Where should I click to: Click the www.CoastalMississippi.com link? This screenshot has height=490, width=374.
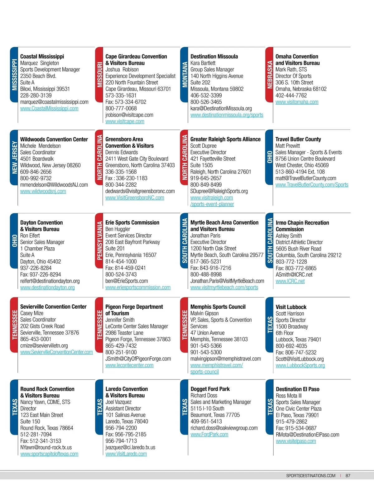[49, 108]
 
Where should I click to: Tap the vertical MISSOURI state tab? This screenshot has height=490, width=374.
[99, 75]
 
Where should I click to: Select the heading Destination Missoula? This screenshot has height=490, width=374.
[214, 56]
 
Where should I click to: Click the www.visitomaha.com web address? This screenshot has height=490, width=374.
[297, 102]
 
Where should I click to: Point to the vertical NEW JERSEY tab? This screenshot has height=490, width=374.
[14, 157]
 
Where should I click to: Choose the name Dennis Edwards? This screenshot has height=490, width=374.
[122, 152]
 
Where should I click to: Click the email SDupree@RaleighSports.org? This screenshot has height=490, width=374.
[219, 191]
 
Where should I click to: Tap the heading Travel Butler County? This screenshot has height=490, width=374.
[298, 139]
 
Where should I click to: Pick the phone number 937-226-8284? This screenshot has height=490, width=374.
[36, 268]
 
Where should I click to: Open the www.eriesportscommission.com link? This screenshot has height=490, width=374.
[138, 288]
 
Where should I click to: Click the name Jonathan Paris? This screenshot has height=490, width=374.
[205, 235]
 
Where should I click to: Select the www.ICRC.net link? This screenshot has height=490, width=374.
[290, 281]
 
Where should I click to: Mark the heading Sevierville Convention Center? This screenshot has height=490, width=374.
[53, 307]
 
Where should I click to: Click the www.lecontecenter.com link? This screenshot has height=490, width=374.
[129, 365]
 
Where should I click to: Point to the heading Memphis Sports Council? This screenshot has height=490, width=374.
[218, 307]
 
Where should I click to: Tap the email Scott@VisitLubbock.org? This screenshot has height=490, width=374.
[300, 359]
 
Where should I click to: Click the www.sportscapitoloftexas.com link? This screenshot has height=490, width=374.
[49, 454]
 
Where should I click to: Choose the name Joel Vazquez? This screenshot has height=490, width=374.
[118, 402]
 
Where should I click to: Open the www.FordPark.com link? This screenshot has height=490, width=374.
[209, 435]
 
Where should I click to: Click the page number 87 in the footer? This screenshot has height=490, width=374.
[348, 476]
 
